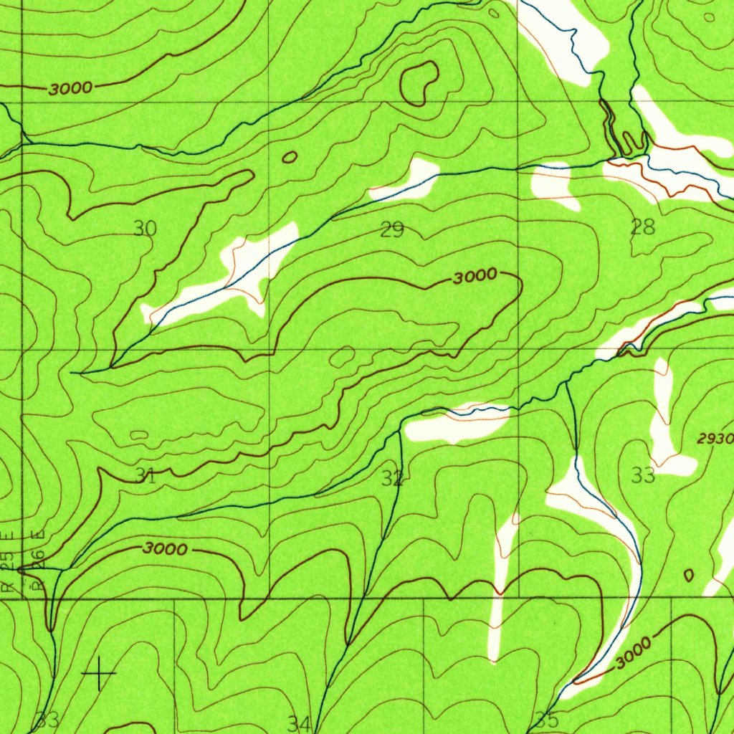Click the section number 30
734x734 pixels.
[x=145, y=229]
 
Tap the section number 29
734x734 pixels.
[x=392, y=230]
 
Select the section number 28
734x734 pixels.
[x=642, y=228]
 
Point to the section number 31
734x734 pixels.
[x=146, y=475]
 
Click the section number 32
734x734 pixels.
[x=392, y=479]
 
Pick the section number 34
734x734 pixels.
[x=299, y=723]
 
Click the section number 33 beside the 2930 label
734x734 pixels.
[x=643, y=475]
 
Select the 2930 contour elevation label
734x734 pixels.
[x=715, y=439]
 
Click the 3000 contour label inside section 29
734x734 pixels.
[x=475, y=277]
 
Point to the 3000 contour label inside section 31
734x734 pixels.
[x=165, y=549]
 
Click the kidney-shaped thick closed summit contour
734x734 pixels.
[x=420, y=82]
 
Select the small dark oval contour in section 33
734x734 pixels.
[x=689, y=575]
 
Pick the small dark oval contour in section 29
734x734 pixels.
[x=290, y=157]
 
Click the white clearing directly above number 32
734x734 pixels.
[x=455, y=424]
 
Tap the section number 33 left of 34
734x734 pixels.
[x=48, y=720]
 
